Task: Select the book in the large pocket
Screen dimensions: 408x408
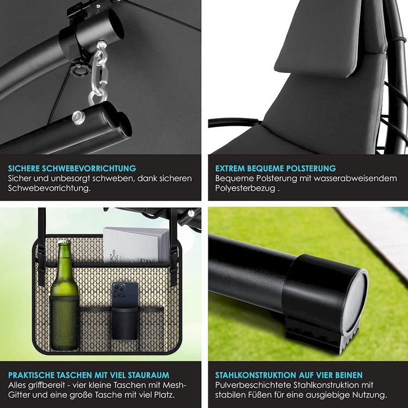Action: point(136,245)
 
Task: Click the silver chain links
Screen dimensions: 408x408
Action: point(100,72)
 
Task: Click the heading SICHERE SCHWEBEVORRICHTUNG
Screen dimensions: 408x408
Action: point(72,168)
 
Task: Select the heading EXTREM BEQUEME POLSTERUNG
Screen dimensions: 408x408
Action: point(276,168)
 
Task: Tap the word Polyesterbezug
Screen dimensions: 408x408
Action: point(245,188)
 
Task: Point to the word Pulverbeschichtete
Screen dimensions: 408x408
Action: point(253,385)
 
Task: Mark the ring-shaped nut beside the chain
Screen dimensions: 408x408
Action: point(79,70)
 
